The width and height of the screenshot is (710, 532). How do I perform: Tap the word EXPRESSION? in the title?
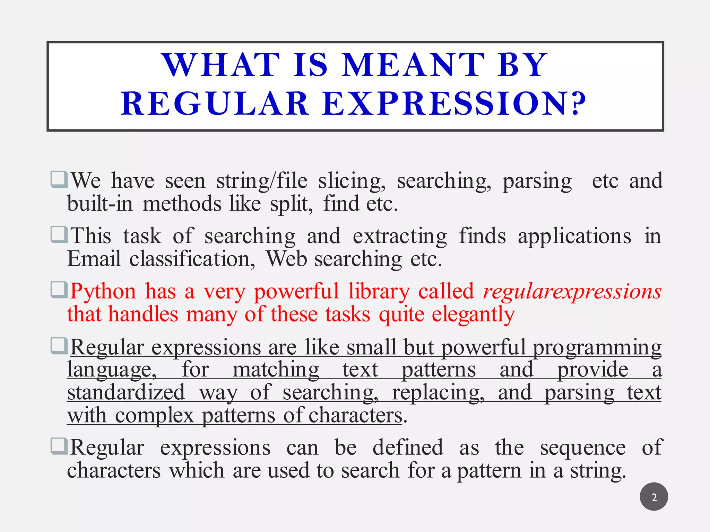coord(454,104)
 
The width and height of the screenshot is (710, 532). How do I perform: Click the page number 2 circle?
coord(654,497)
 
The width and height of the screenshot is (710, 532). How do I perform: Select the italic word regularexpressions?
coord(572,291)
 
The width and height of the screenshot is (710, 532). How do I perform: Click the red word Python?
coord(103,291)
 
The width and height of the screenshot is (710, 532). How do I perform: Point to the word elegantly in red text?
coord(473,314)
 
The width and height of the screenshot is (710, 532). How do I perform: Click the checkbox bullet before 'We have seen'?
coord(59,179)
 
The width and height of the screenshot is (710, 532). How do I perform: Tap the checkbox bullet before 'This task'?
coord(59,234)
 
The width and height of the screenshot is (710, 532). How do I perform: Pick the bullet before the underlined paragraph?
coord(59,345)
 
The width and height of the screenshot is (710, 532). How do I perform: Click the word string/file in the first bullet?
coord(262,181)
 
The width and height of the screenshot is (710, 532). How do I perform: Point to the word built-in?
coord(100,204)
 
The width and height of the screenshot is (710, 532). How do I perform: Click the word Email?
coord(94,259)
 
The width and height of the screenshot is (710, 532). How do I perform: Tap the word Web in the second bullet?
coord(286,259)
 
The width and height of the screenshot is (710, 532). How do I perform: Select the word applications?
coord(574,237)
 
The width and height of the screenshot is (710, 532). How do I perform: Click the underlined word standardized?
coord(126,393)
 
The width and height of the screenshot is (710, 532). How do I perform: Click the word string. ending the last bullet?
coord(598,471)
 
